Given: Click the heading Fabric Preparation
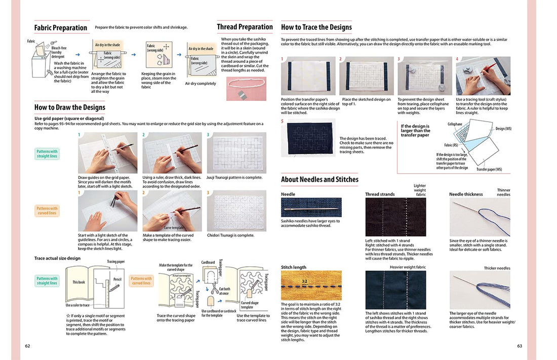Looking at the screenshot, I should pos(61,28).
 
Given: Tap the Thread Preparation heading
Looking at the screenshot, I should pos(245,27).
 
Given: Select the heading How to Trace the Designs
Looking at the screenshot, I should pos(316,27).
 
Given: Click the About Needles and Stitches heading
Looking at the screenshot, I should pos(320,179).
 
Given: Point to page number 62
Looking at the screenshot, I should pos(27,346).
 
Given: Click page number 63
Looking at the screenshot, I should pos(519,346).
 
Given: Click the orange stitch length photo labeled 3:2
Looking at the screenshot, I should pos(311,286).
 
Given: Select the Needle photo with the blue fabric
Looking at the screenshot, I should pos(311,208).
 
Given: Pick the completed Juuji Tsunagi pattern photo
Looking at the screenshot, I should pos(236,153).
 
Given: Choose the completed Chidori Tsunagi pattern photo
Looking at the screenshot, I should pos(236,211).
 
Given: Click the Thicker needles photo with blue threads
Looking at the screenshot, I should pos(480,290).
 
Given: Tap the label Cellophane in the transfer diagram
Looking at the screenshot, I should pos(455,124).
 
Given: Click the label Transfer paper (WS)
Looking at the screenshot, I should pos(489,169).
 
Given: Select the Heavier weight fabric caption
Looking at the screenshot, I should pos(408,267).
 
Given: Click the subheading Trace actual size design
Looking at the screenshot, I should pos(57,258).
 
